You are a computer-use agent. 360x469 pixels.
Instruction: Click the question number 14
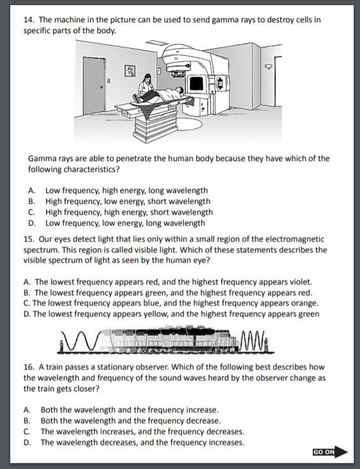28,20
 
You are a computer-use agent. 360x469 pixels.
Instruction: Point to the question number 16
28,367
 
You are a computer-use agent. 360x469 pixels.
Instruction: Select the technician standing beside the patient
146,86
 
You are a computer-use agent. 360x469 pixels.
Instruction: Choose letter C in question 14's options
31,212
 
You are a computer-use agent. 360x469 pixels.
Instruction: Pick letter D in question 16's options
27,442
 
